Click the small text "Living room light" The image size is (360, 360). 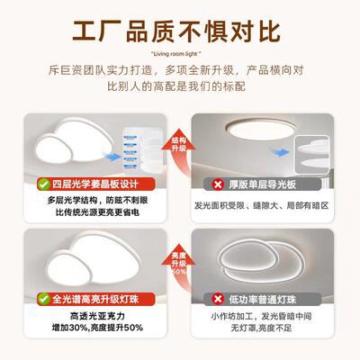(180, 53)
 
